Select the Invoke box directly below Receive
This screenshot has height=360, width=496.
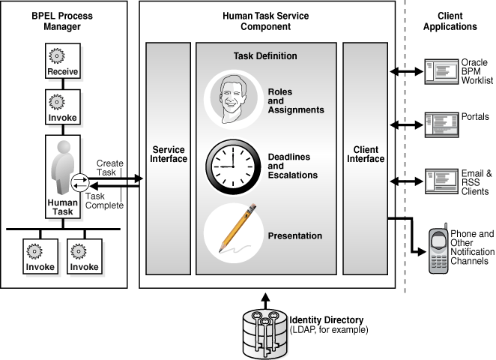tap(63, 107)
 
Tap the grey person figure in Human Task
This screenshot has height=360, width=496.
tap(62, 169)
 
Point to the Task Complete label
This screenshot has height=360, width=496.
tap(104, 200)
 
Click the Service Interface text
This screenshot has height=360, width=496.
tap(169, 154)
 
